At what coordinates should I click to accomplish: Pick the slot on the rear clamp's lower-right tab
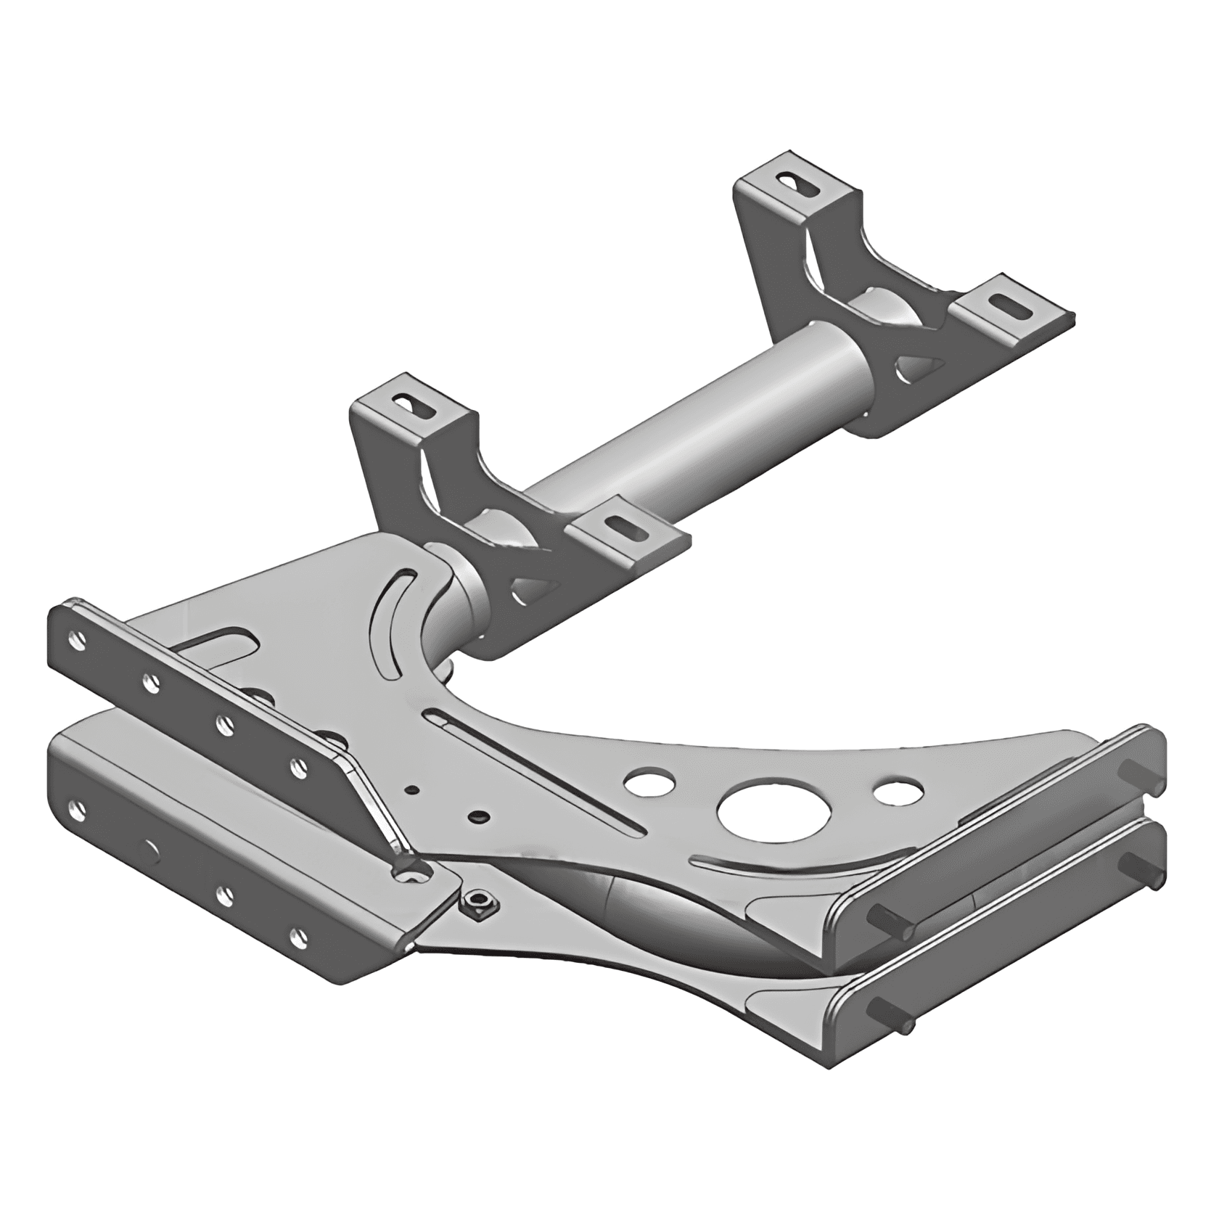[x=1011, y=305]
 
